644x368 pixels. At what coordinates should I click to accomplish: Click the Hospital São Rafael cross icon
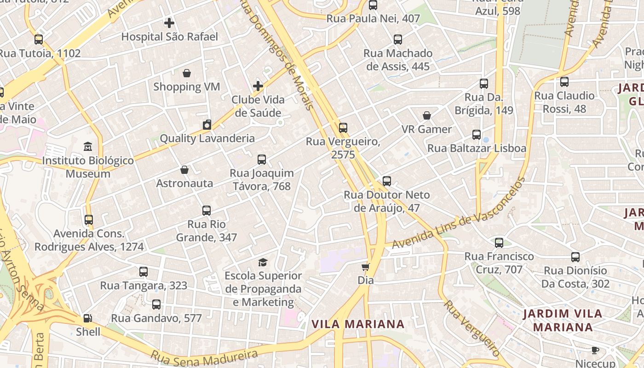(x=169, y=23)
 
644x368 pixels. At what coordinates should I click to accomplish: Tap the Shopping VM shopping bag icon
(x=187, y=73)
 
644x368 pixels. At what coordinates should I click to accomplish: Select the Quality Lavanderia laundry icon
(x=207, y=125)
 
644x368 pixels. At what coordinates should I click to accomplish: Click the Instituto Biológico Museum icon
(x=88, y=147)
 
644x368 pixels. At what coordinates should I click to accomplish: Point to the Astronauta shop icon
(x=184, y=170)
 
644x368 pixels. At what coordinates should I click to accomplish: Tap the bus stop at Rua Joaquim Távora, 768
(x=262, y=160)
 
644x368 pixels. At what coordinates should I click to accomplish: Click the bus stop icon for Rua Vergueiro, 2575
(x=343, y=128)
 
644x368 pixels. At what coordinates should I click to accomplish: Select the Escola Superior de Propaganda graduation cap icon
(x=263, y=262)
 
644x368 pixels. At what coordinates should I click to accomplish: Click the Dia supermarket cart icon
(x=366, y=267)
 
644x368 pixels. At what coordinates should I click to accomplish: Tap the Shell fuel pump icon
(x=87, y=318)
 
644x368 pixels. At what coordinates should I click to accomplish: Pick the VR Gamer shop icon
(x=427, y=115)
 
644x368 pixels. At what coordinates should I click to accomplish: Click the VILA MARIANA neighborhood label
(x=358, y=324)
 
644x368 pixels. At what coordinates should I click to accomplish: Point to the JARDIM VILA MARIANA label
(x=563, y=321)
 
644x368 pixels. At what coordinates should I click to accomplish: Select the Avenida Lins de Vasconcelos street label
(x=459, y=214)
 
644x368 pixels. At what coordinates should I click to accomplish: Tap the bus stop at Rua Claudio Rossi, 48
(x=564, y=82)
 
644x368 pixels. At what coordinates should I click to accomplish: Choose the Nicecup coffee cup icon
(x=595, y=351)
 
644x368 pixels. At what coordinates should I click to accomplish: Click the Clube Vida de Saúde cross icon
(x=258, y=86)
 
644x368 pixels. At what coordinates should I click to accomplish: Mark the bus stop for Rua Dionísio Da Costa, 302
(x=575, y=257)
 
